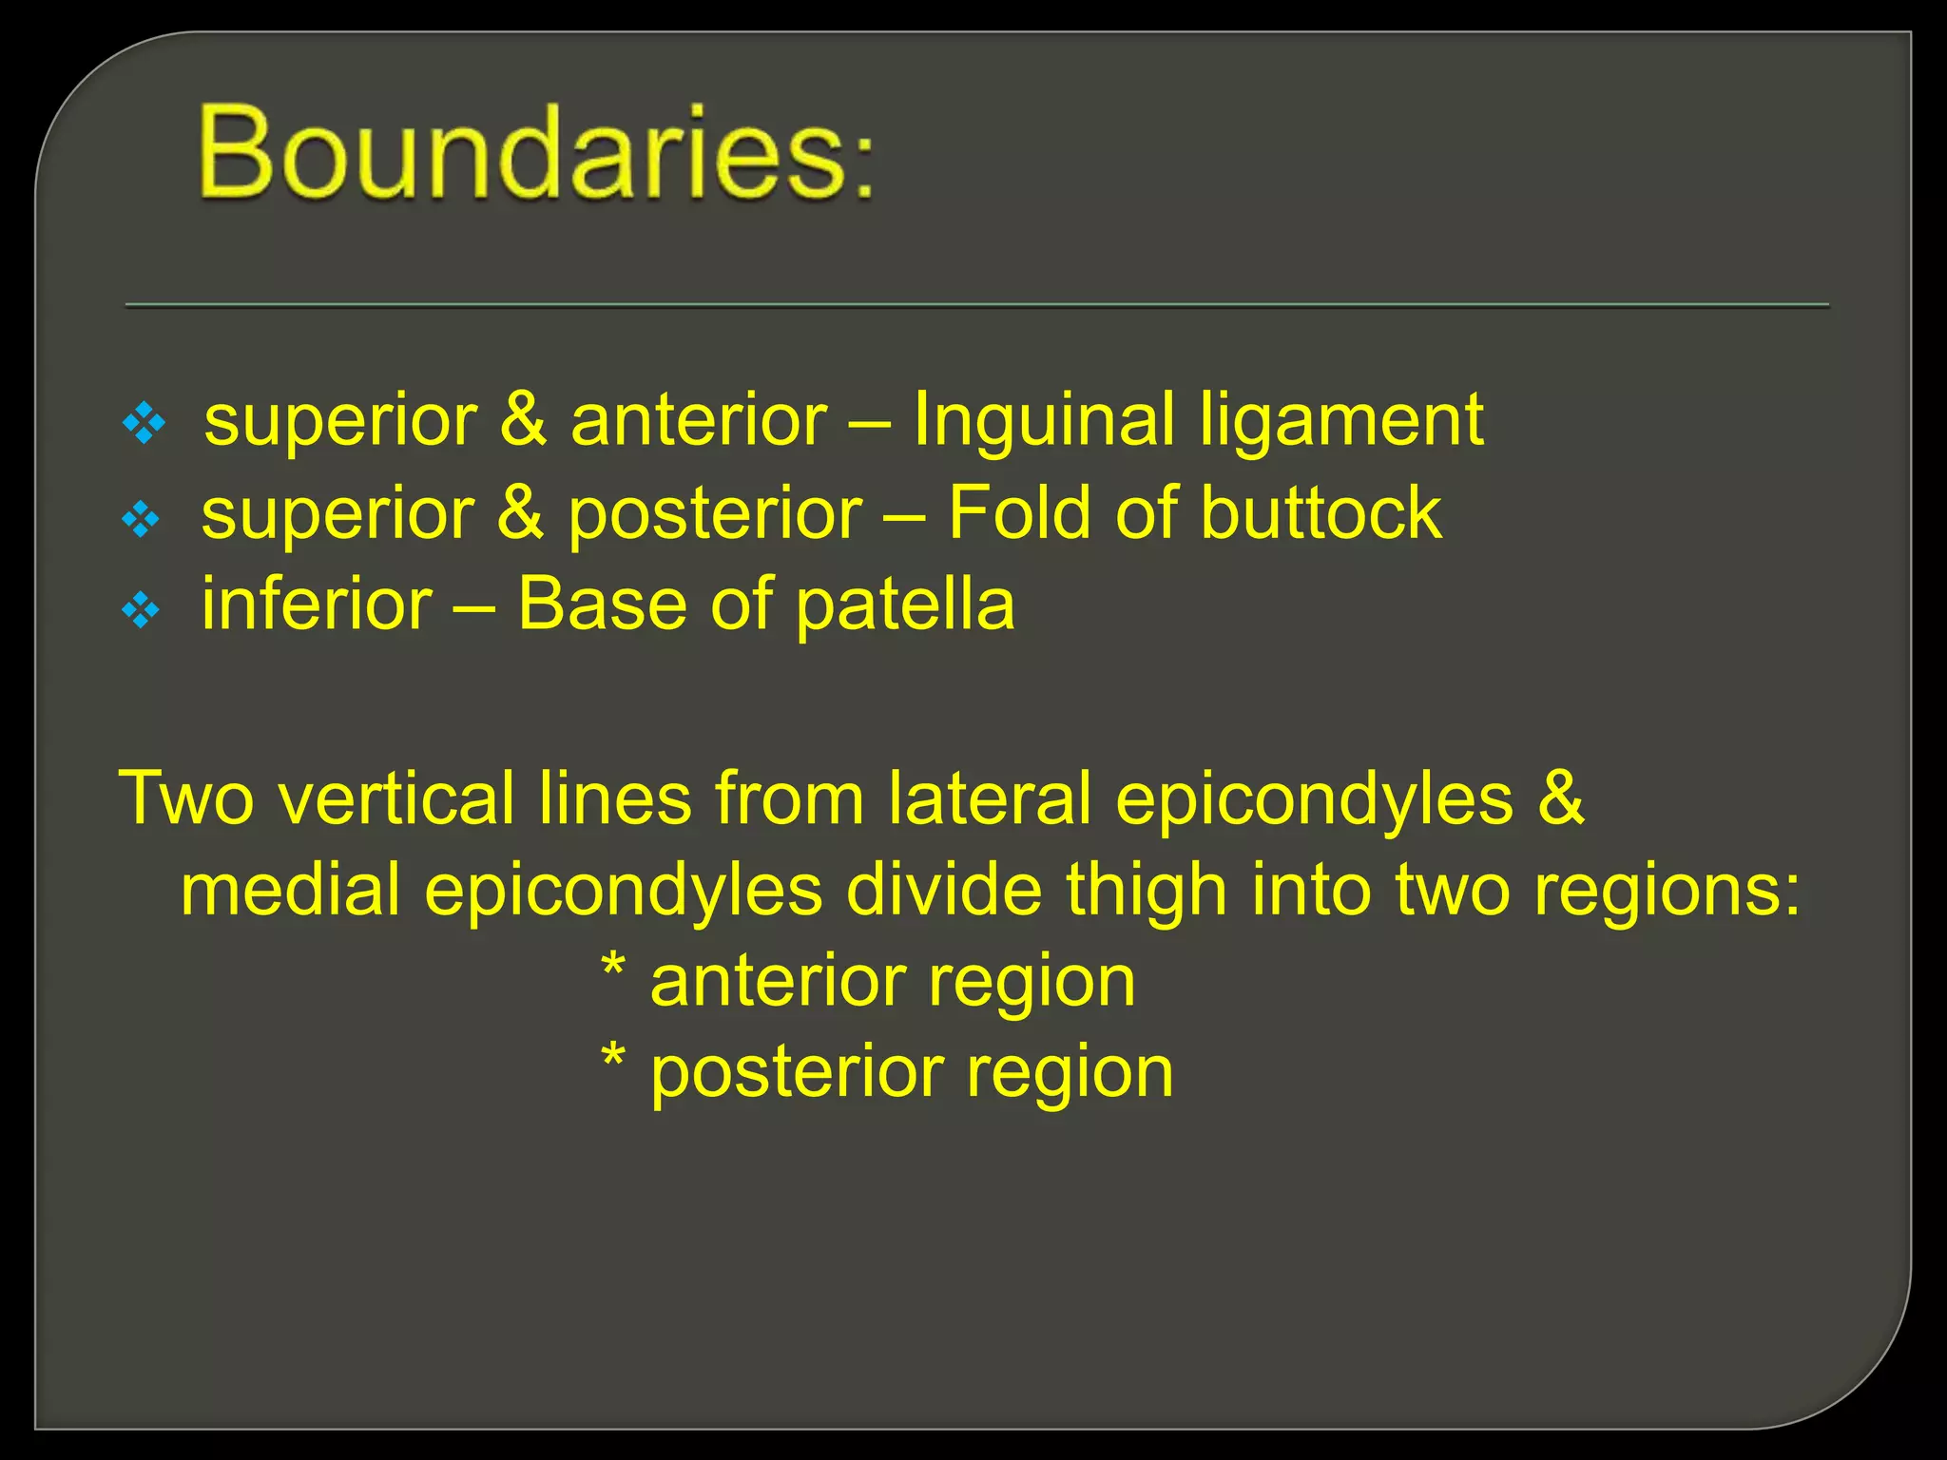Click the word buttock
[x=1321, y=512]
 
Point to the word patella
[x=905, y=605]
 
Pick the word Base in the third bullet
[x=602, y=605]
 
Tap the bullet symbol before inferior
[x=142, y=611]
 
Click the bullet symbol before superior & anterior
[x=145, y=424]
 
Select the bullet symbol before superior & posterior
[x=142, y=519]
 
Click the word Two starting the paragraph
[x=186, y=797]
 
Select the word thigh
[x=1147, y=891]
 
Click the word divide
[x=943, y=891]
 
